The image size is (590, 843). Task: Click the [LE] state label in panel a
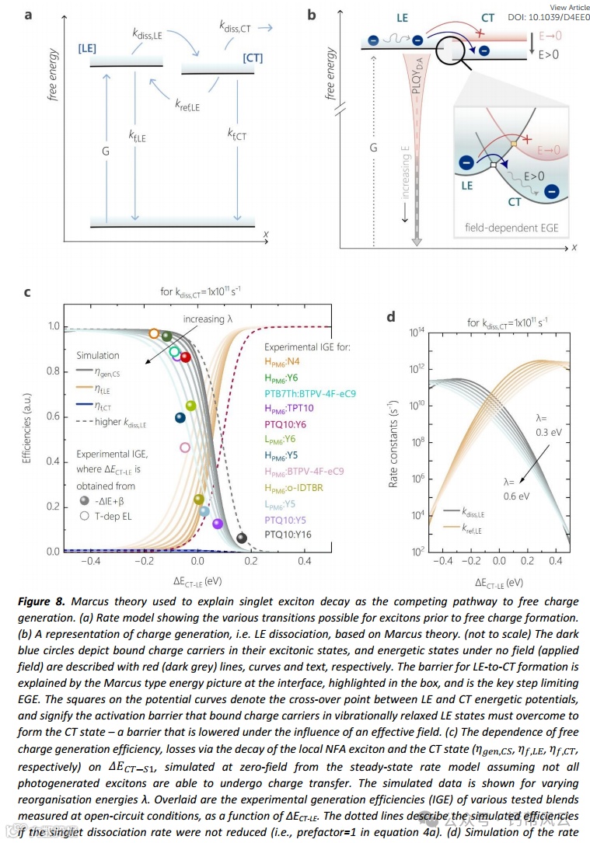point(87,48)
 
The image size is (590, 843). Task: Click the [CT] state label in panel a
point(253,58)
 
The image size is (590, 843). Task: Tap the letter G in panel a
point(105,152)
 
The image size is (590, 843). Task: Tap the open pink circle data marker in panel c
point(185,448)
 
